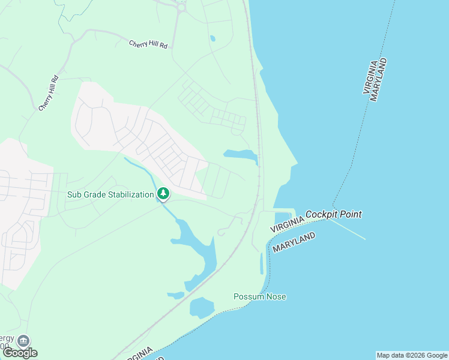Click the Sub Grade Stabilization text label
[x=110, y=195]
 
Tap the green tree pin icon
[x=163, y=194]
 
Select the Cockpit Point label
[x=333, y=214]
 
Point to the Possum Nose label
[x=259, y=297]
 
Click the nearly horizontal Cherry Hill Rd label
[x=148, y=44]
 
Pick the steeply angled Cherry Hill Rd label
[x=48, y=92]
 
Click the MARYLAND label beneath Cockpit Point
[x=294, y=242]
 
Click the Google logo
[x=20, y=353]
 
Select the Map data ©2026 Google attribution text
[x=411, y=355]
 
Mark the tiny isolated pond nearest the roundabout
[x=212, y=39]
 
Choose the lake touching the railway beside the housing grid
[x=241, y=155]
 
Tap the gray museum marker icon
[x=23, y=340]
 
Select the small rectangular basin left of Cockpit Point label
[x=282, y=218]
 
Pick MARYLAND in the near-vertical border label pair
[x=378, y=80]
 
